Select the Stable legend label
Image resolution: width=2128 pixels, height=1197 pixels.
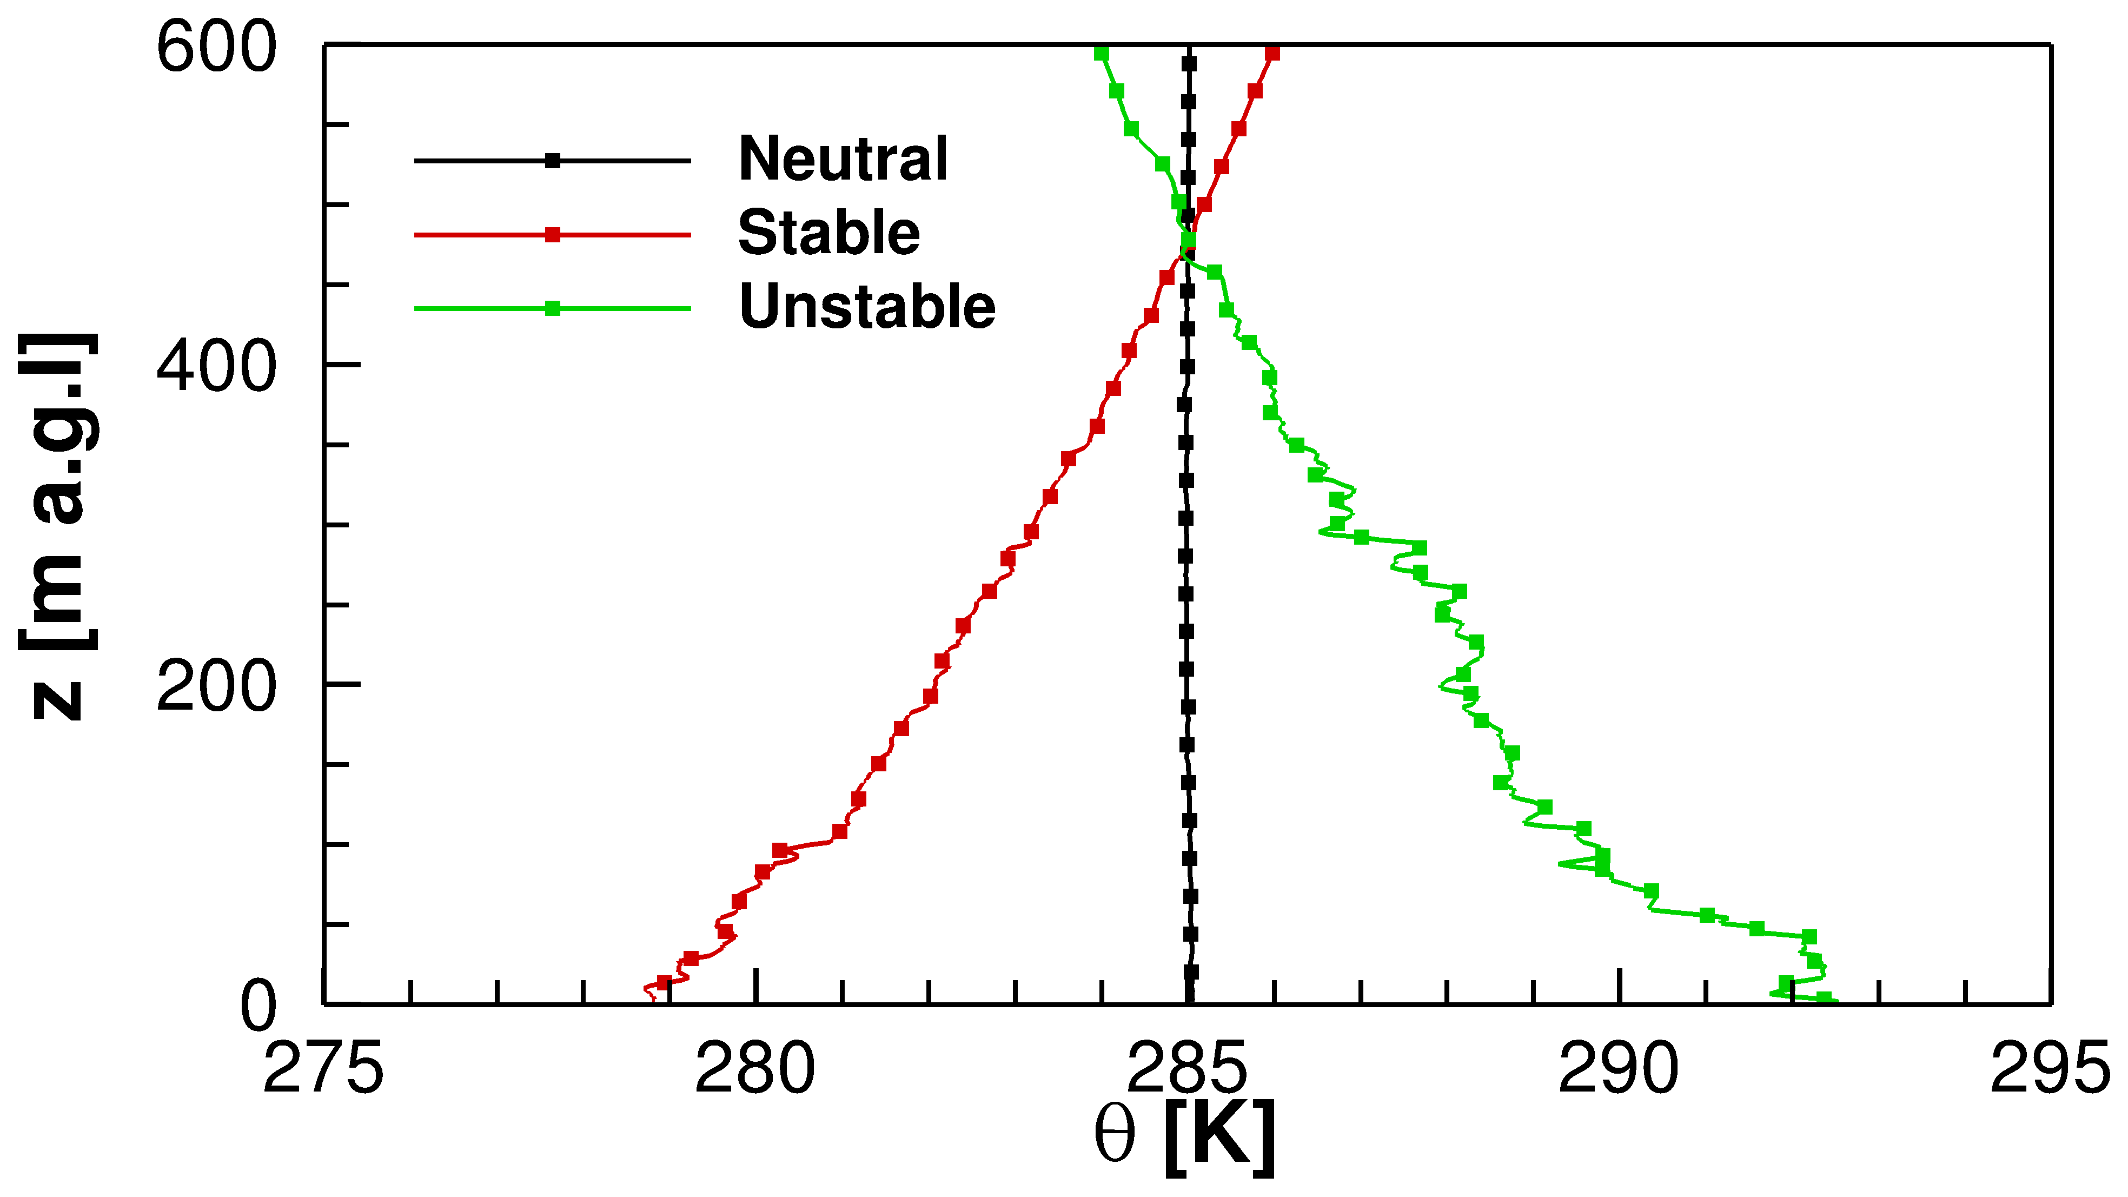(x=828, y=233)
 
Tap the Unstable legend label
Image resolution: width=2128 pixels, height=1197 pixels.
(x=867, y=307)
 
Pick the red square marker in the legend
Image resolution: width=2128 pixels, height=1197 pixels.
(x=553, y=235)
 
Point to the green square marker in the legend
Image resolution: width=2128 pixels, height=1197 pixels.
(x=553, y=309)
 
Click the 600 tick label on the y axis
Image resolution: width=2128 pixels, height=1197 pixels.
(x=216, y=48)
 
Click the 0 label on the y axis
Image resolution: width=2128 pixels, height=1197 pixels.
(x=258, y=1006)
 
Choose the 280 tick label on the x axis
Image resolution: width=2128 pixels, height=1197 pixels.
(x=755, y=1070)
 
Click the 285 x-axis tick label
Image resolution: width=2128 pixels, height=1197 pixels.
(x=1187, y=1070)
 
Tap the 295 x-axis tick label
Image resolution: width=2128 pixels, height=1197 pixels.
(x=2050, y=1070)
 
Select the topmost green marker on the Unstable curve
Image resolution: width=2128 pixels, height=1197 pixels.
(x=1101, y=54)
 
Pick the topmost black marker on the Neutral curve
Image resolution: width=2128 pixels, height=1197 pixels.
(x=1189, y=64)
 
